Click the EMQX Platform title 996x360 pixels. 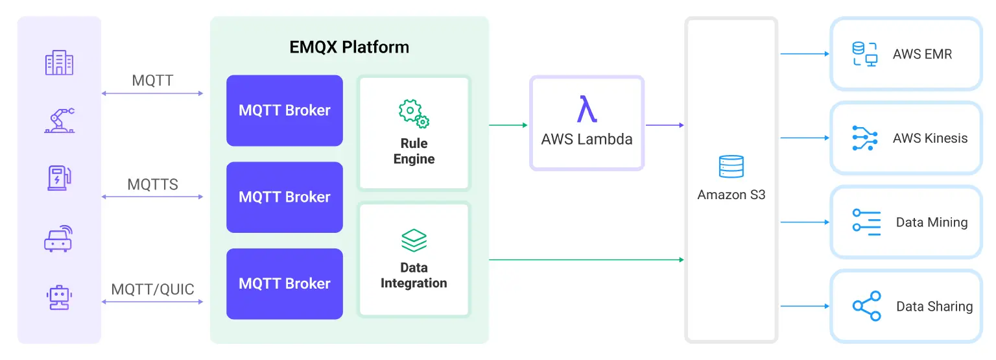[349, 47]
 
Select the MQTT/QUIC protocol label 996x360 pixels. [152, 289]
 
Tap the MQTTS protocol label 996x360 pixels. [152, 184]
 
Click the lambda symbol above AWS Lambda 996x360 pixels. [587, 109]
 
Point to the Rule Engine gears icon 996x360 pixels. [414, 114]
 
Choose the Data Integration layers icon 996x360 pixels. [414, 241]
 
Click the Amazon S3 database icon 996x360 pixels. [731, 167]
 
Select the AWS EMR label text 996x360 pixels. [922, 54]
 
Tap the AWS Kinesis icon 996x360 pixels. [864, 138]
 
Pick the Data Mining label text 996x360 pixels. [931, 222]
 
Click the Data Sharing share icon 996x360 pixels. [866, 306]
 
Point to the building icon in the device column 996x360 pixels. [59, 64]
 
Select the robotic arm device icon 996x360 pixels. [59, 121]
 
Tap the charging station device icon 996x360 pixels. [59, 178]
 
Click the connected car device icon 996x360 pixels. [59, 238]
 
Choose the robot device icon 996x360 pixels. [59, 296]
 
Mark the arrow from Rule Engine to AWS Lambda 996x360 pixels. [508, 125]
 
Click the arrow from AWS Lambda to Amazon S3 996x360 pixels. [665, 125]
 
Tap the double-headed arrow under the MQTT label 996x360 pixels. [152, 94]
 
